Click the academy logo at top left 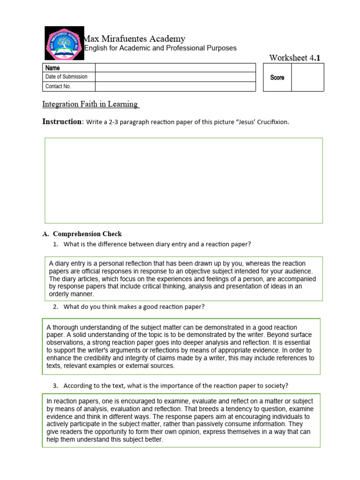point(64,44)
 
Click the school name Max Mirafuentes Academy point(134,39)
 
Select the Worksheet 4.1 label point(295,58)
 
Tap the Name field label point(52,68)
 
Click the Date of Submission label point(66,77)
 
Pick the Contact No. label point(58,86)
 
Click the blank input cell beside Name point(175,68)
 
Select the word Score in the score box point(277,77)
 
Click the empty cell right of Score point(307,77)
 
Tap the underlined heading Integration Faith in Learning point(91,104)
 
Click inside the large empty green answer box point(183,180)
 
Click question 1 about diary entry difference point(157,244)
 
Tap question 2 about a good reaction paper point(134,307)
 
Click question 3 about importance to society point(176,386)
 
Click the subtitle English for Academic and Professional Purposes point(160,48)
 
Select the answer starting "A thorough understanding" point(181,346)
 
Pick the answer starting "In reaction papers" point(181,420)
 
